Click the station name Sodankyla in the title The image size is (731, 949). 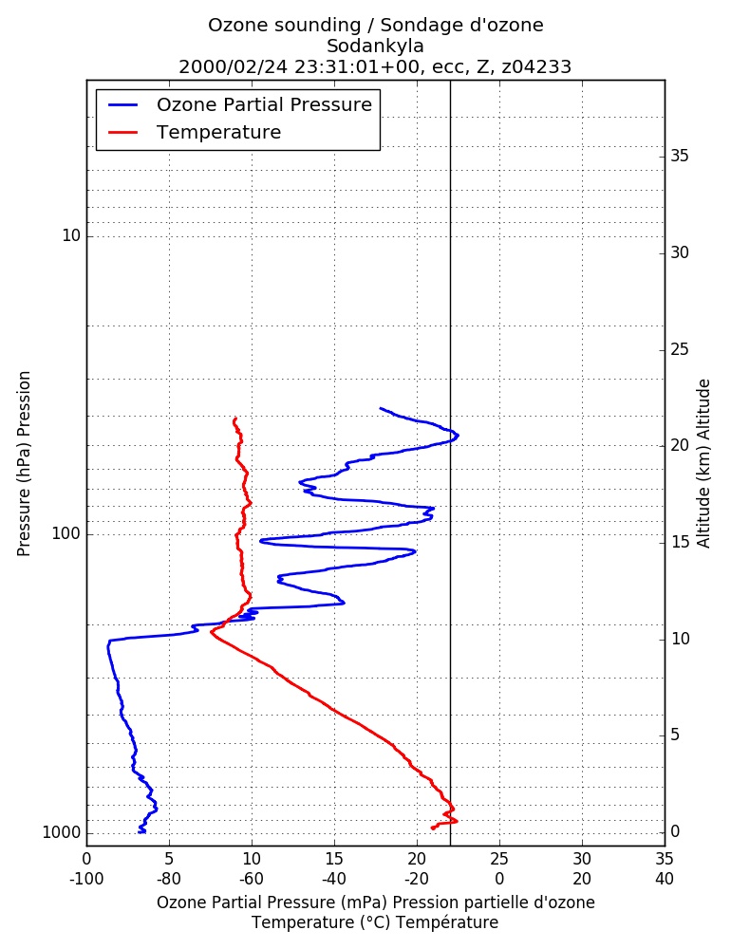click(x=375, y=46)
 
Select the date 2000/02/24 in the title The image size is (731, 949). click(x=234, y=66)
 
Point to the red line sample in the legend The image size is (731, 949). click(x=123, y=132)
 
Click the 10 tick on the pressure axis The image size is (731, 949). click(x=71, y=235)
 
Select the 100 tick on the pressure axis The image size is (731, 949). click(x=66, y=533)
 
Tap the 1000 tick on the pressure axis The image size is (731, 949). click(x=62, y=833)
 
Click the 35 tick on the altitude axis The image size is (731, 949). click(x=680, y=157)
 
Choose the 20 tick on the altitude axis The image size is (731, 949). click(x=680, y=445)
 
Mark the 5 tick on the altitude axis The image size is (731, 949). click(x=675, y=735)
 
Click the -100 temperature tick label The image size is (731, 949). click(x=86, y=879)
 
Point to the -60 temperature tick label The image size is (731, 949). click(x=252, y=879)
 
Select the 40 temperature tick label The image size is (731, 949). click(x=665, y=879)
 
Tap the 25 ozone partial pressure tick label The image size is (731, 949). click(x=499, y=859)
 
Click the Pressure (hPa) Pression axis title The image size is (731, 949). click(x=24, y=464)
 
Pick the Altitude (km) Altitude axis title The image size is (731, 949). click(x=703, y=464)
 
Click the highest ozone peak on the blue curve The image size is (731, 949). click(x=458, y=436)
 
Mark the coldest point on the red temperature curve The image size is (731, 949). click(x=211, y=632)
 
